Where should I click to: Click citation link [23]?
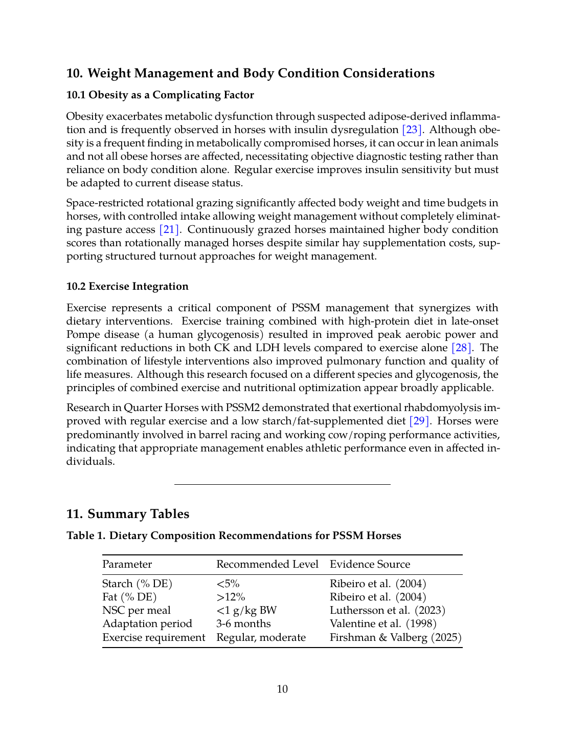pyautogui.click(x=412, y=130)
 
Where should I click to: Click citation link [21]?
pyautogui.click(x=169, y=229)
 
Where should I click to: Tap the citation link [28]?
pyautogui.click(x=461, y=348)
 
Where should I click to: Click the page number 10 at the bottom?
pyautogui.click(x=282, y=689)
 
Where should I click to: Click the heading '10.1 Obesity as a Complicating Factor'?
pyautogui.click(x=160, y=95)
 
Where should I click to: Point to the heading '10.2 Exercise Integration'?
pyautogui.click(x=127, y=286)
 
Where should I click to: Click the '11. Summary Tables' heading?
pyautogui.click(x=128, y=514)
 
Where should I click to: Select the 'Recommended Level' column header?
pyautogui.click(x=267, y=564)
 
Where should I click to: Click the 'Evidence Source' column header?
pyautogui.click(x=370, y=564)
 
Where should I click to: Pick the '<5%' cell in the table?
pyautogui.click(x=228, y=584)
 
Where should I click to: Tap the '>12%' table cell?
pyautogui.click(x=231, y=597)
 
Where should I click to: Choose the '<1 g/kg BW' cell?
pyautogui.click(x=246, y=610)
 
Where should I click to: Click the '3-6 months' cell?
pyautogui.click(x=243, y=623)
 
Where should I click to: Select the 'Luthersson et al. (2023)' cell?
pyautogui.click(x=388, y=610)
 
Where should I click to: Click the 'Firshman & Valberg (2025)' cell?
pyautogui.click(x=396, y=637)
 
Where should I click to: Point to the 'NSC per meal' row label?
pyautogui.click(x=137, y=610)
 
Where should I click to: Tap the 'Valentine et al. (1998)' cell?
pyautogui.click(x=383, y=623)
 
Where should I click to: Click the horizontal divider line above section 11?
pyautogui.click(x=282, y=484)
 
